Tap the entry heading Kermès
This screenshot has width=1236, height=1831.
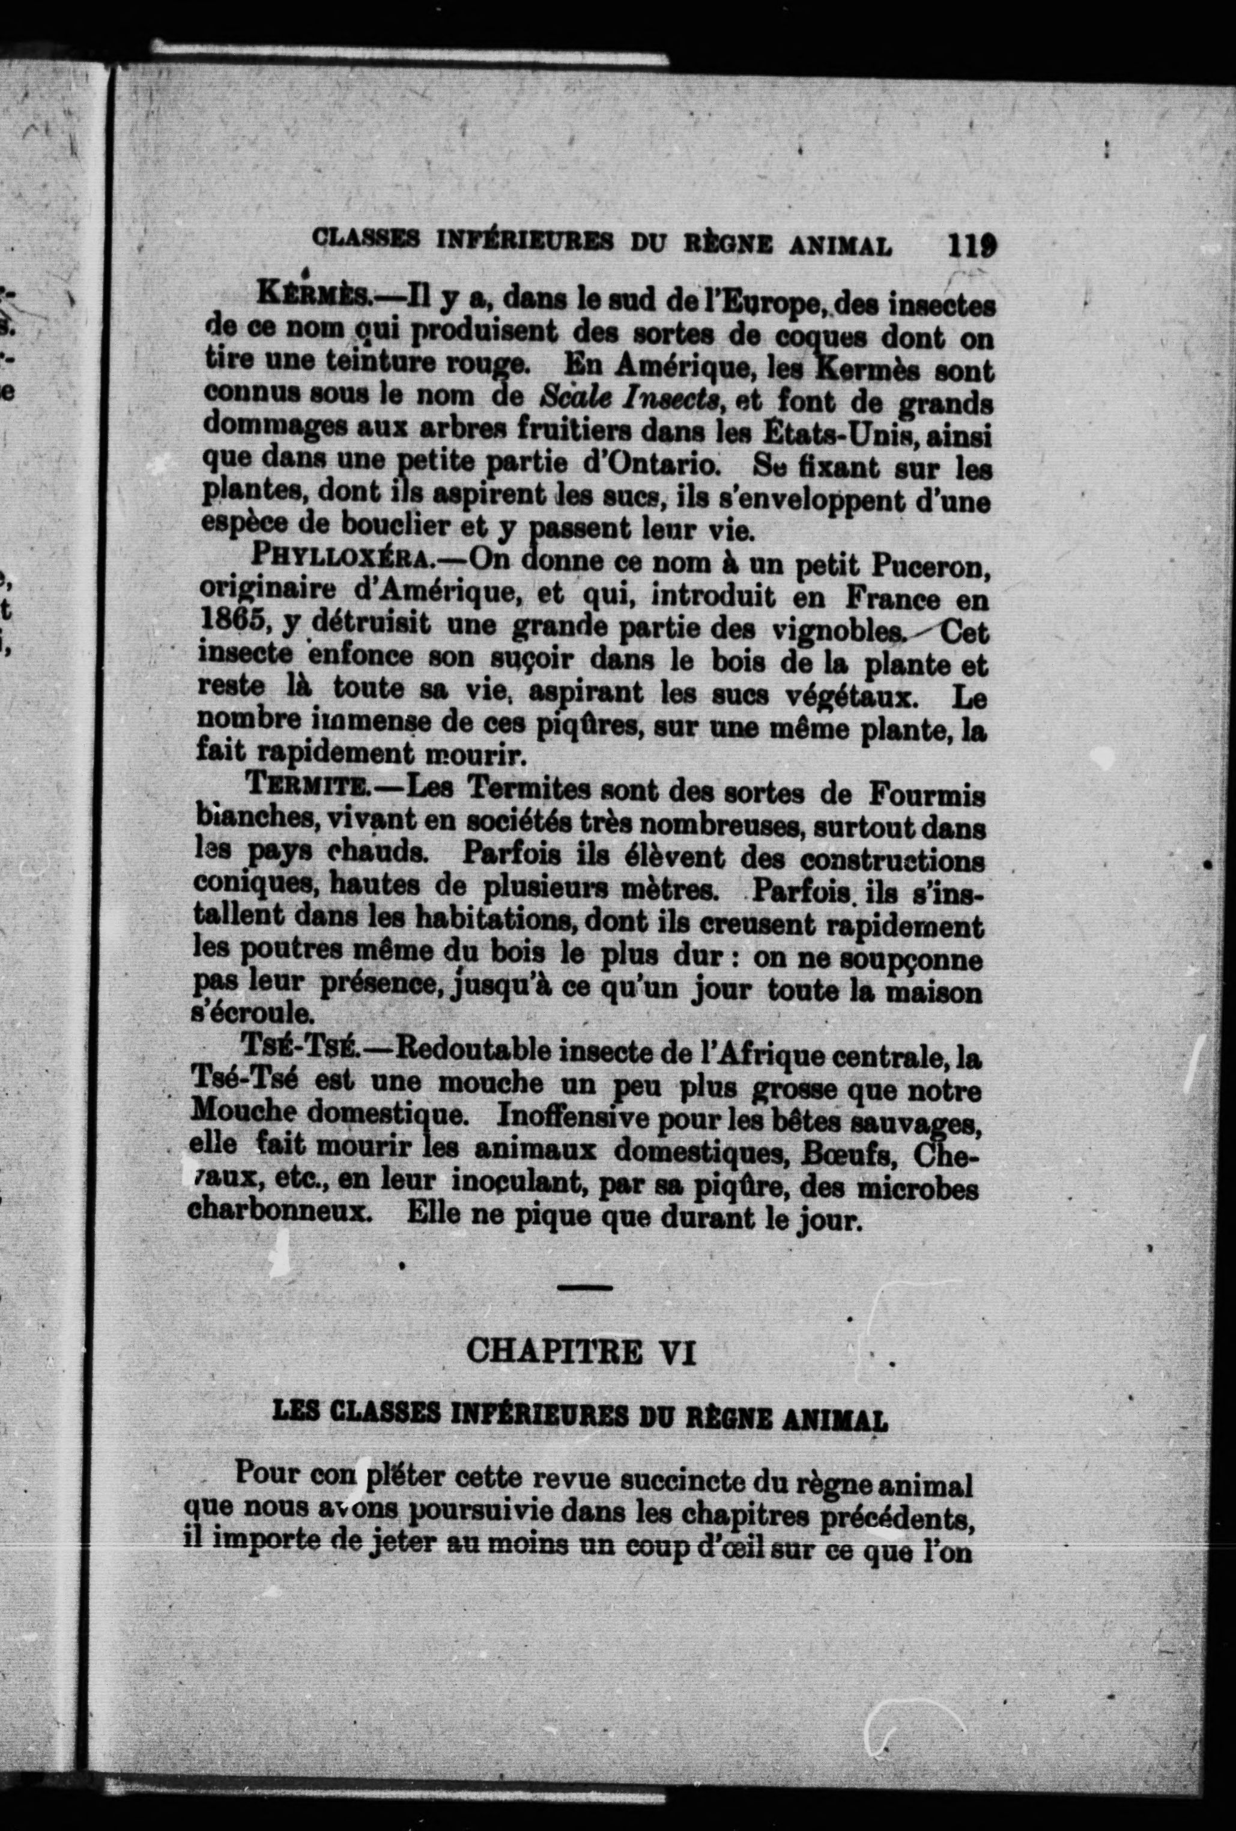(x=307, y=296)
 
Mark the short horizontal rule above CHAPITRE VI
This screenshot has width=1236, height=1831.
(x=584, y=1288)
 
